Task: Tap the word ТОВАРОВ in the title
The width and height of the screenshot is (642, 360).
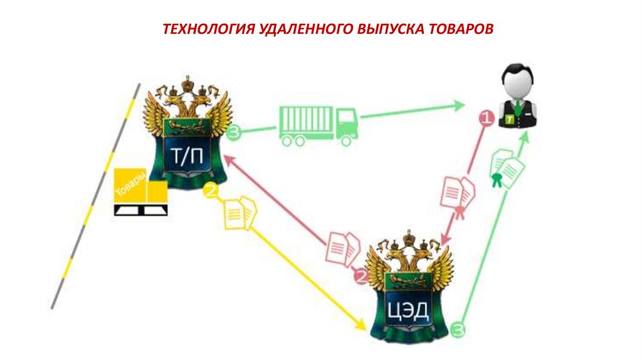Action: (x=454, y=30)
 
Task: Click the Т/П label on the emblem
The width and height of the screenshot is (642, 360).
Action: (x=187, y=157)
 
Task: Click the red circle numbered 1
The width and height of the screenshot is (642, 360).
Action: (x=485, y=117)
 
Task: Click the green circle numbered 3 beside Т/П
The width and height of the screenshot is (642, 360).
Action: (x=234, y=132)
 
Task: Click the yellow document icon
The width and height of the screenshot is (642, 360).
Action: (x=240, y=213)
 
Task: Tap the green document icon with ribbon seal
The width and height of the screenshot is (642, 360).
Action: (x=507, y=169)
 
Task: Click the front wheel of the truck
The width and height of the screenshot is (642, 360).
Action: (x=345, y=140)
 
